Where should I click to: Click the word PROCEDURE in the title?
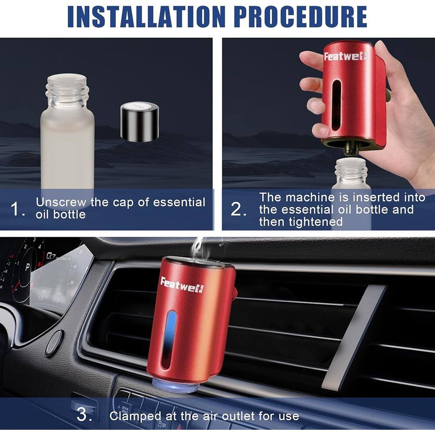[300, 16]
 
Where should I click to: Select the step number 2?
[238, 210]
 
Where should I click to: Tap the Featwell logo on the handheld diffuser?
[345, 56]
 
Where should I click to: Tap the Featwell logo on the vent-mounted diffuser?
[182, 285]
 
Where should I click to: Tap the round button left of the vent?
[54, 343]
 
